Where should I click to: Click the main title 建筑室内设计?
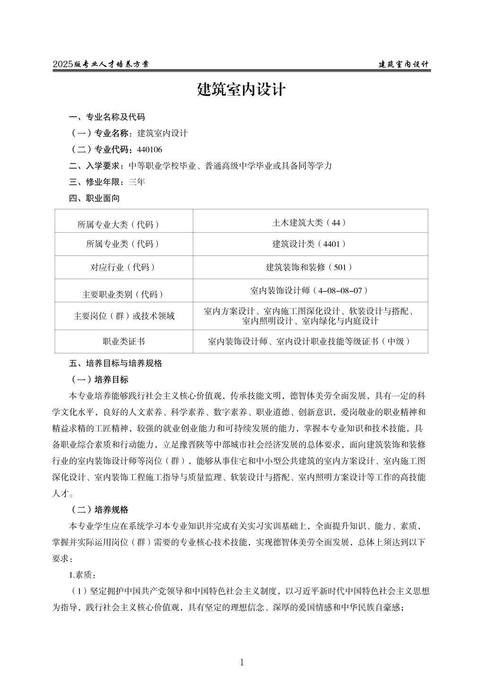coord(242,89)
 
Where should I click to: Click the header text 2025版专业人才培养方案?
coord(101,64)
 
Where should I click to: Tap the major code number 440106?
coord(149,150)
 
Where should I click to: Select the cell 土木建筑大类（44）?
coord(310,222)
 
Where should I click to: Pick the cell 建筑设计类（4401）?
coord(310,244)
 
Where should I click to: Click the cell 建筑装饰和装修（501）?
coord(310,267)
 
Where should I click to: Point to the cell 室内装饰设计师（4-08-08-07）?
coord(310,290)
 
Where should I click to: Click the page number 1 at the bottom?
coord(242,663)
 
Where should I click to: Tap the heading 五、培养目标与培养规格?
coord(115,363)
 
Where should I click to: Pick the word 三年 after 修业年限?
coord(137,182)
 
